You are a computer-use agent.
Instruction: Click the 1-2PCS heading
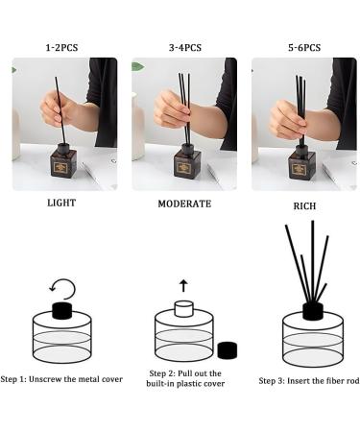click(63, 47)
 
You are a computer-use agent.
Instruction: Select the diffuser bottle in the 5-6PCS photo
click(302, 165)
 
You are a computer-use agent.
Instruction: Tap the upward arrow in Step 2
click(183, 285)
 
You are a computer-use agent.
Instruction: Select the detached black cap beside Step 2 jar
click(228, 350)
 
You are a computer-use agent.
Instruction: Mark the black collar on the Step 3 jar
click(312, 310)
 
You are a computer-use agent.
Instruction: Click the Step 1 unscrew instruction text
click(63, 379)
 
